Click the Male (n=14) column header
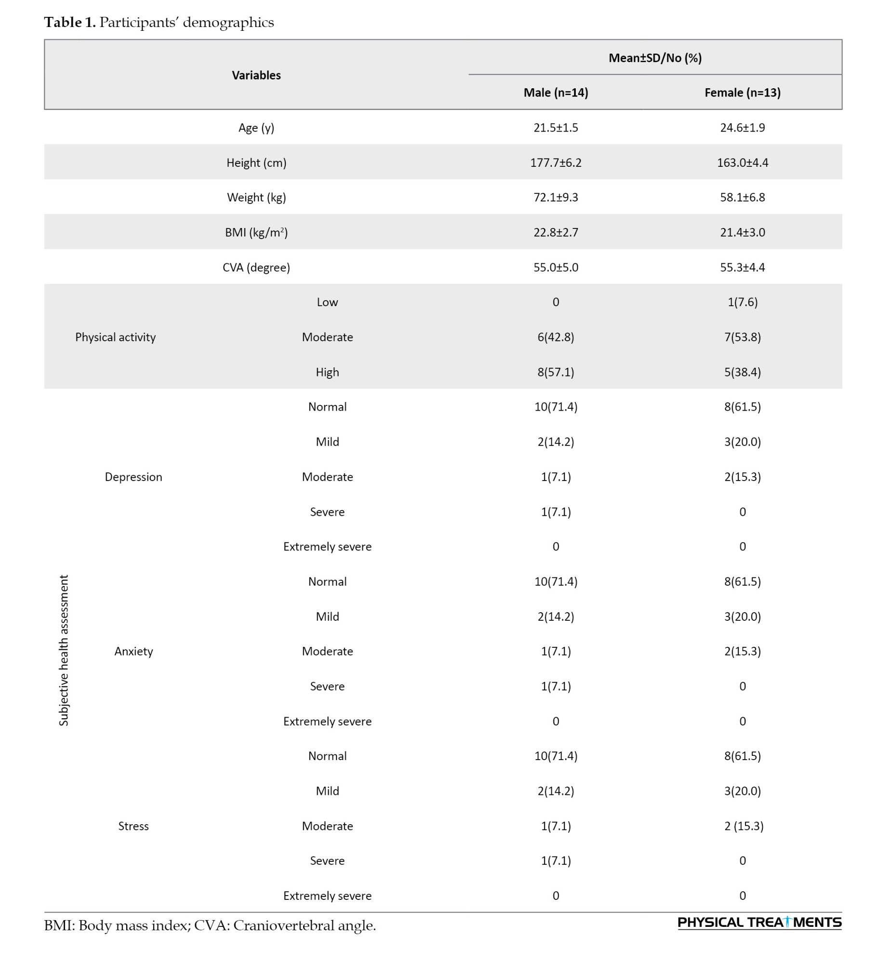tap(556, 93)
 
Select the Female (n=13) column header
tap(742, 93)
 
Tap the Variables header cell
tap(256, 75)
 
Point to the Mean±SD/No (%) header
tap(655, 58)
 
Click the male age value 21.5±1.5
tap(556, 128)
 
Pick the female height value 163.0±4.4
tap(742, 162)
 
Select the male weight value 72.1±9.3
tap(556, 198)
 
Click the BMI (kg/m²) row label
tap(256, 232)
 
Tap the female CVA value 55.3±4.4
tap(742, 268)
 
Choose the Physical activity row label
tap(115, 337)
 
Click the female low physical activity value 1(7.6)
tap(742, 302)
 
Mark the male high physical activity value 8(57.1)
tap(556, 372)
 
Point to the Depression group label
tap(133, 477)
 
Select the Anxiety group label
tap(133, 651)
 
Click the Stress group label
tap(133, 826)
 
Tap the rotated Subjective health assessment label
tap(64, 650)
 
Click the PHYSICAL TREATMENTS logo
tap(759, 923)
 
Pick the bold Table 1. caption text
tap(70, 22)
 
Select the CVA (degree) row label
tap(256, 268)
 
